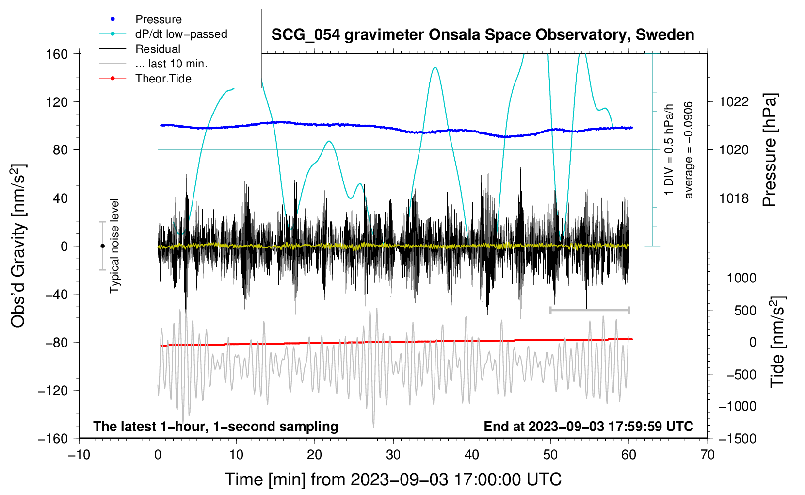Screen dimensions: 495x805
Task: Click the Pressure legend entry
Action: coord(158,19)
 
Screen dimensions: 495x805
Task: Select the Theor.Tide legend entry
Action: coord(163,79)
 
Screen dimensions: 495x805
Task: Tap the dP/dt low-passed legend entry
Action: coord(181,34)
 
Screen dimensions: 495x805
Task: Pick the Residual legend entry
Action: coord(158,49)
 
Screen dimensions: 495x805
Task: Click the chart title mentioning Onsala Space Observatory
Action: coord(483,35)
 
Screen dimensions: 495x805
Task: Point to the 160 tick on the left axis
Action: coord(57,54)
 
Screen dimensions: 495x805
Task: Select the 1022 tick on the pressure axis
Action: coord(734,102)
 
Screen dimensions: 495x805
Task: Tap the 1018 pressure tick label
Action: coord(734,198)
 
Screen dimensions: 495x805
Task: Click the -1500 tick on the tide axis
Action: coord(738,438)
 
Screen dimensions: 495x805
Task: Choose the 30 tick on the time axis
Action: coord(393,455)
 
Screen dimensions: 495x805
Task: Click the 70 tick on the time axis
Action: coord(708,455)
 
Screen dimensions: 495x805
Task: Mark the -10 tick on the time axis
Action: coord(79,455)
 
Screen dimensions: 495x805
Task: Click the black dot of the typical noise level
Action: coord(102,246)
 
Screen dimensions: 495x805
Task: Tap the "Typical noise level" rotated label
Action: coord(114,246)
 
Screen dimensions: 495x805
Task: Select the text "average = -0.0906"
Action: coord(689,150)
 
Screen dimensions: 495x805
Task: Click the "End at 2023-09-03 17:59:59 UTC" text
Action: coord(588,426)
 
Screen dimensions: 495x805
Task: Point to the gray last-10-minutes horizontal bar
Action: coord(589,310)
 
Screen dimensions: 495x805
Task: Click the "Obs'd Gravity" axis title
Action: coord(18,246)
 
